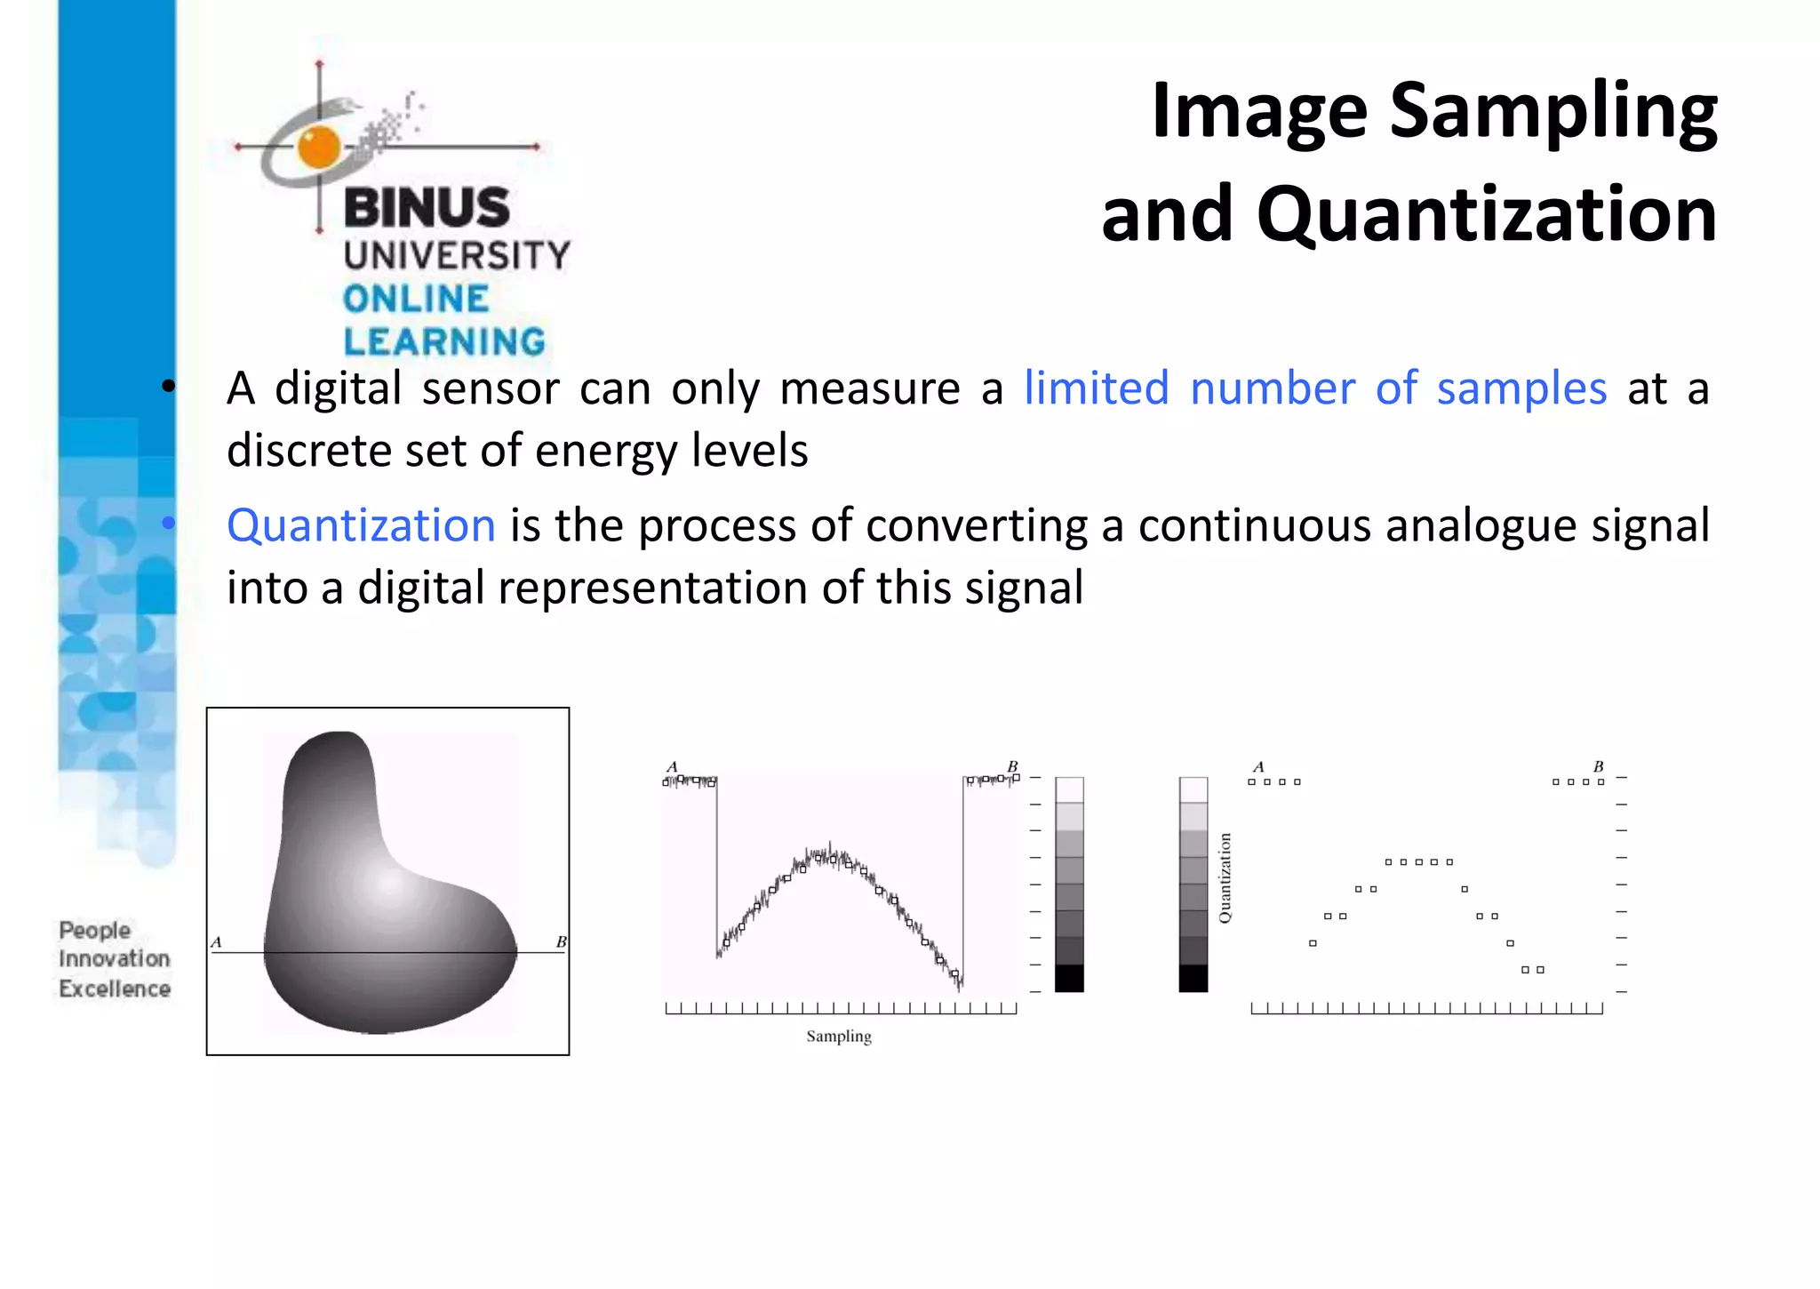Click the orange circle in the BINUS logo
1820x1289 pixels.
coord(319,147)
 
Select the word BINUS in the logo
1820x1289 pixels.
coord(427,208)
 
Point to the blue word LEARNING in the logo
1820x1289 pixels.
coord(444,341)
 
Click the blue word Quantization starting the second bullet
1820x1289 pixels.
coord(361,525)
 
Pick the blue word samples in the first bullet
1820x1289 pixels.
coord(1521,389)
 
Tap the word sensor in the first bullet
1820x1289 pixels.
coord(491,389)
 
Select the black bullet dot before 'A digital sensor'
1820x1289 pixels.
coord(168,387)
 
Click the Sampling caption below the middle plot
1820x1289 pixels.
coord(839,1037)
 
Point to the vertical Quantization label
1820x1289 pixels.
coord(1225,878)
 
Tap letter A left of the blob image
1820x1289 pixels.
coord(216,942)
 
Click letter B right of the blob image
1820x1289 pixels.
coord(561,942)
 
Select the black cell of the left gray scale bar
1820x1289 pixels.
coord(1069,978)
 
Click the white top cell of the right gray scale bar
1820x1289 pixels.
coord(1193,789)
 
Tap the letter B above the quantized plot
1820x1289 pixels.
coord(1598,766)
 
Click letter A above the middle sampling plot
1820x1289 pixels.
coord(672,766)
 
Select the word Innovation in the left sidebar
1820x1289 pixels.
coord(115,959)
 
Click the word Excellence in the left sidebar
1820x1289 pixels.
coord(115,989)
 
